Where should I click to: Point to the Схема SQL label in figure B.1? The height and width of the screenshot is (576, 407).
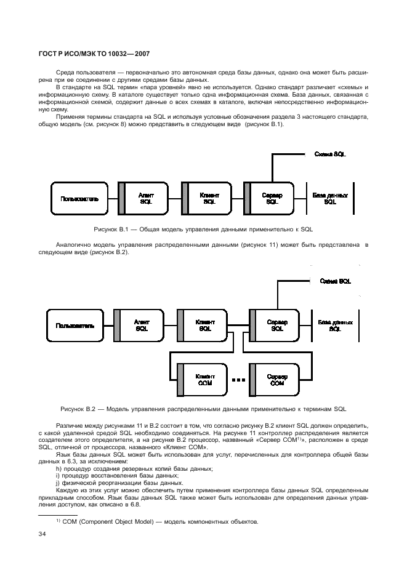pyautogui.click(x=330, y=154)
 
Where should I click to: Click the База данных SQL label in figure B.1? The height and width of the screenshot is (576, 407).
pyautogui.click(x=330, y=198)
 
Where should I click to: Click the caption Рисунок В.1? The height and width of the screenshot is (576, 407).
pyautogui.click(x=203, y=229)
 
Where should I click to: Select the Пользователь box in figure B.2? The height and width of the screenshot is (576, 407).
pyautogui.click(x=75, y=325)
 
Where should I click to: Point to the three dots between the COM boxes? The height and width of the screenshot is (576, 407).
pyautogui.click(x=238, y=380)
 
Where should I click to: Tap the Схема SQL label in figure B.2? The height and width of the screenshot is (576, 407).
pyautogui.click(x=335, y=281)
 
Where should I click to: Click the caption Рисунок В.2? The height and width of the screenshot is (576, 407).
pyautogui.click(x=203, y=408)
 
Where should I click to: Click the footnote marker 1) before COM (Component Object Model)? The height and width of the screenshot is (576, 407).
pyautogui.click(x=58, y=522)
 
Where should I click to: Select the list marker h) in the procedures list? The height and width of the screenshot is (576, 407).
pyautogui.click(x=58, y=469)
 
